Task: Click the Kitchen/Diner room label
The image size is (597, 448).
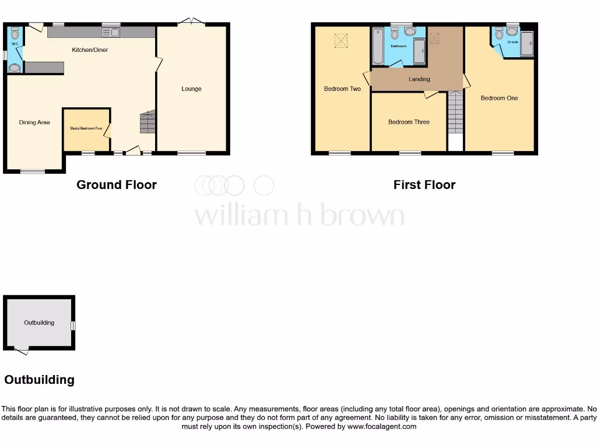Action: tap(90, 50)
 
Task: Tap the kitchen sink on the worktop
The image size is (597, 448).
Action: tap(111, 32)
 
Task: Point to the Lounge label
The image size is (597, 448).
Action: tap(191, 89)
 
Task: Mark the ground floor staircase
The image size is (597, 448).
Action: tap(148, 123)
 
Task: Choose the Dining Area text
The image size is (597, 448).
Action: tap(34, 123)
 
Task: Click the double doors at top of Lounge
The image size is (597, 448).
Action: tap(192, 22)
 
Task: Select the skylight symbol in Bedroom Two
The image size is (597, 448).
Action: tap(340, 40)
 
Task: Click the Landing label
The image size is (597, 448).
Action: tap(419, 79)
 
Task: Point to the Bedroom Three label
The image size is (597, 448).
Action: tap(409, 122)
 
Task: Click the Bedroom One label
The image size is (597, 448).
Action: tap(499, 98)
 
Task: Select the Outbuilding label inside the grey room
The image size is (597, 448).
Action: tap(39, 323)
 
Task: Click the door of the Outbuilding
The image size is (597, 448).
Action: tap(22, 350)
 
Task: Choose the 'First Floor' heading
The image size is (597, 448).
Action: tap(424, 185)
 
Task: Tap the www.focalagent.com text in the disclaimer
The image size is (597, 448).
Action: tap(382, 426)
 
